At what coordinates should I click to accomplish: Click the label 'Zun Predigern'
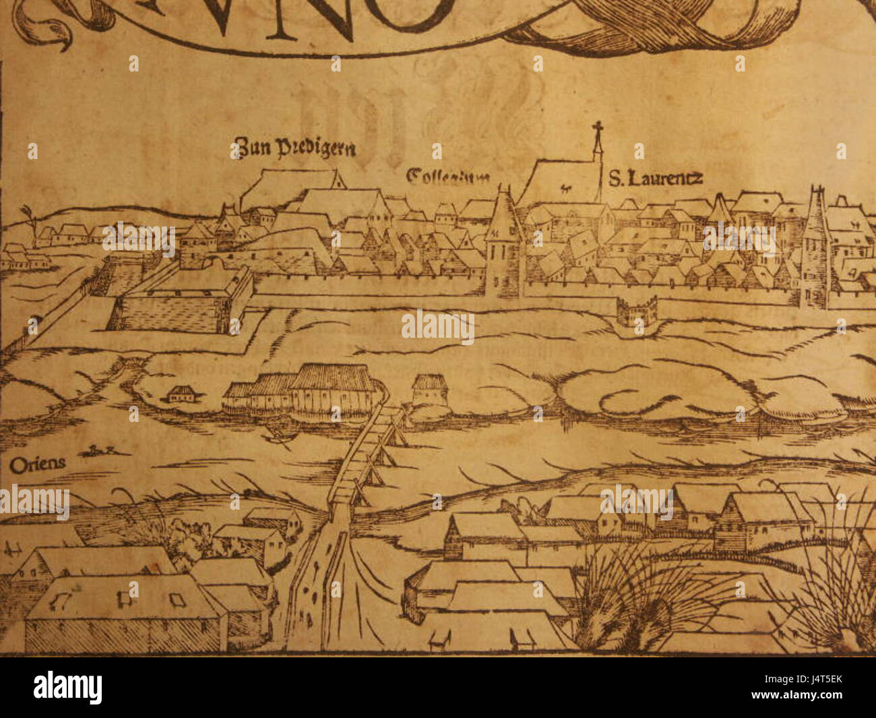(x=294, y=147)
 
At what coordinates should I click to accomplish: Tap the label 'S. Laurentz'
(x=656, y=178)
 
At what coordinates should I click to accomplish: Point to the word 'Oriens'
(x=38, y=463)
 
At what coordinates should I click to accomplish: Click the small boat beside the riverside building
(x=276, y=438)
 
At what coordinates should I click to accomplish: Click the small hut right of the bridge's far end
(x=430, y=390)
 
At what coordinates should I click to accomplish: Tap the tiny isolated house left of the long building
(x=180, y=393)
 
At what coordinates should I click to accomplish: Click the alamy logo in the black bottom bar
(x=67, y=688)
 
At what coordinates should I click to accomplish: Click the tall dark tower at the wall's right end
(x=815, y=249)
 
